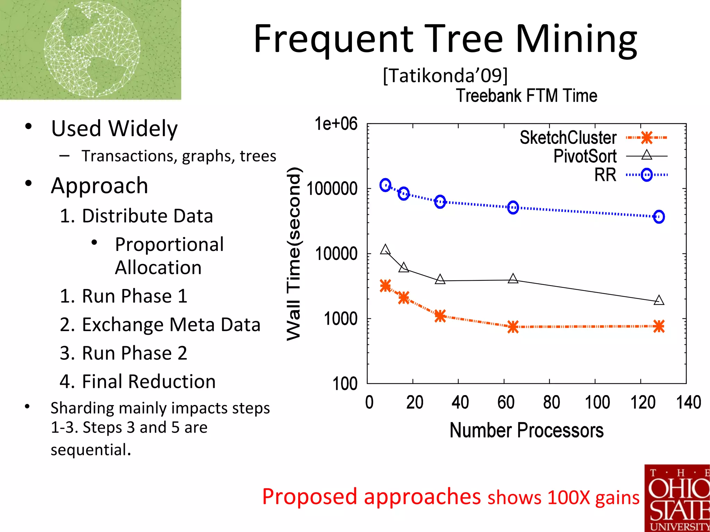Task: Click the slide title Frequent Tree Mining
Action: [445, 39]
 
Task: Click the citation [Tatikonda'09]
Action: [445, 75]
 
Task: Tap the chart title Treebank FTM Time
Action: [526, 96]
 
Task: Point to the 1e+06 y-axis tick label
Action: [336, 124]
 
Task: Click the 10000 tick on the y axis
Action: [336, 254]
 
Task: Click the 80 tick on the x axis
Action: [551, 402]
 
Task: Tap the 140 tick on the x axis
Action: [688, 402]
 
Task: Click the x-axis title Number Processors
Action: [526, 430]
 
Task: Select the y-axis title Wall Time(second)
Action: [294, 254]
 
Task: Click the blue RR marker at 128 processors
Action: [659, 217]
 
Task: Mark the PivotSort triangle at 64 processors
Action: [513, 279]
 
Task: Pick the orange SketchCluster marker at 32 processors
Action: [440, 316]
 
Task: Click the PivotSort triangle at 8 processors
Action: [385, 250]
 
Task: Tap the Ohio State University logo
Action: [677, 498]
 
